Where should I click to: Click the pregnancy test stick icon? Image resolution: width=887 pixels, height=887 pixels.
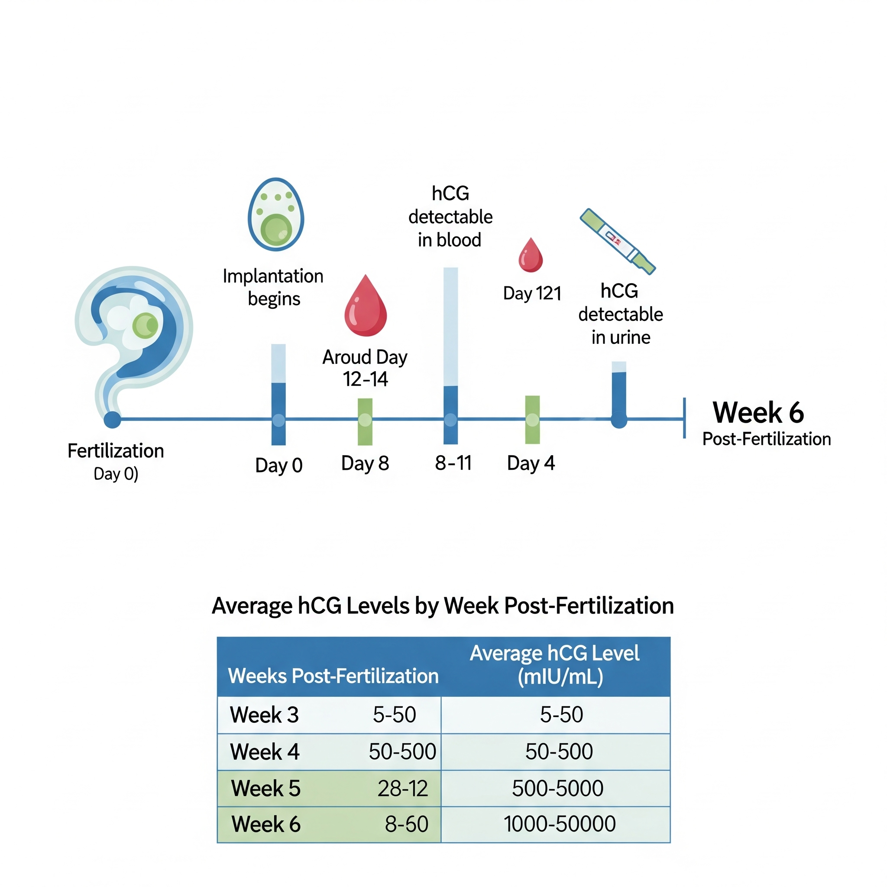pyautogui.click(x=617, y=241)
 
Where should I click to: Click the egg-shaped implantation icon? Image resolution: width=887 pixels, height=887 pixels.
pyautogui.click(x=275, y=214)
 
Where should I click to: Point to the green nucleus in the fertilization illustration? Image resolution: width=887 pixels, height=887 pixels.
pyautogui.click(x=145, y=326)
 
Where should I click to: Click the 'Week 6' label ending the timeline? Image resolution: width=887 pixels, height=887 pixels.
pyautogui.click(x=758, y=412)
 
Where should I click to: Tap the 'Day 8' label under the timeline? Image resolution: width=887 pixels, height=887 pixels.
pyautogui.click(x=365, y=463)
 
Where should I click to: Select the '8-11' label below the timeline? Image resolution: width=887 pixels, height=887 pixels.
pyautogui.click(x=453, y=463)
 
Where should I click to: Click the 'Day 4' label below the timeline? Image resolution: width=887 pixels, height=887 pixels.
pyautogui.click(x=531, y=463)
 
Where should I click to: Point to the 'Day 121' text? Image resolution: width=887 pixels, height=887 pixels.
pyautogui.click(x=532, y=293)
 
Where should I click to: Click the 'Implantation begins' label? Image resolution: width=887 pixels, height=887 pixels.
pyautogui.click(x=273, y=288)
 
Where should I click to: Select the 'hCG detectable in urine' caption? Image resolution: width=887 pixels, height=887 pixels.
pyautogui.click(x=620, y=314)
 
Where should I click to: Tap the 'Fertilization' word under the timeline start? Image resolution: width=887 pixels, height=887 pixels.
pyautogui.click(x=116, y=451)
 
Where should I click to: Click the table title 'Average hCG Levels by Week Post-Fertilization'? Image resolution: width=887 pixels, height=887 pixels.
pyautogui.click(x=443, y=605)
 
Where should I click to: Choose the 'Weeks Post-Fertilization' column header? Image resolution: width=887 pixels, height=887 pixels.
pyautogui.click(x=333, y=676)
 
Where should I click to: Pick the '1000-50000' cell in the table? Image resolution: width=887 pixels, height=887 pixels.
pyautogui.click(x=559, y=824)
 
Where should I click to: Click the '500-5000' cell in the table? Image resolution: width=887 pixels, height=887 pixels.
pyautogui.click(x=557, y=788)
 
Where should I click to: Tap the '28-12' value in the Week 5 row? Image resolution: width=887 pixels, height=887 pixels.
pyautogui.click(x=402, y=788)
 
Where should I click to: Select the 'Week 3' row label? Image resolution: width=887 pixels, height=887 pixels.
pyautogui.click(x=264, y=715)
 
